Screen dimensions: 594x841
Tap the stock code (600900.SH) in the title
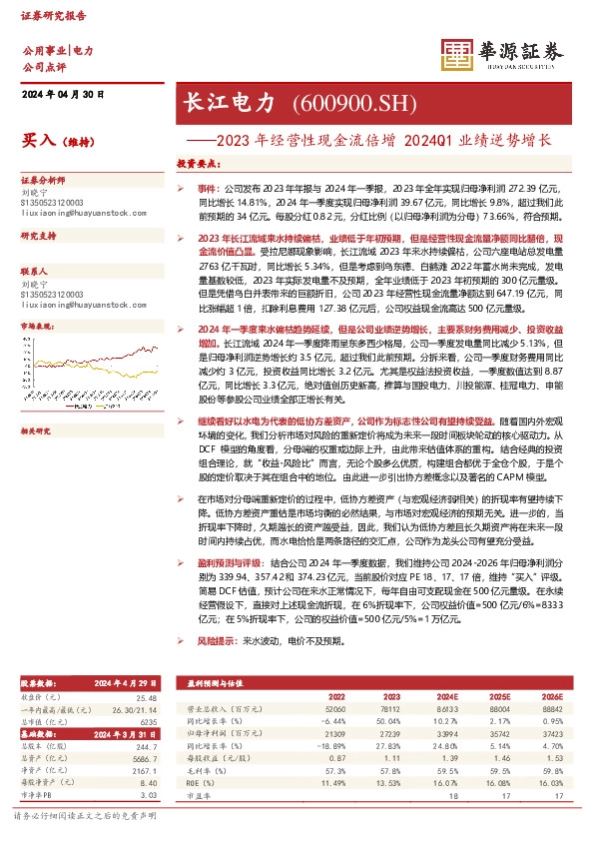(x=340, y=103)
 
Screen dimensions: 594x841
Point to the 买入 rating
(x=37, y=141)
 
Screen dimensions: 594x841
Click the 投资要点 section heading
(x=198, y=163)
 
